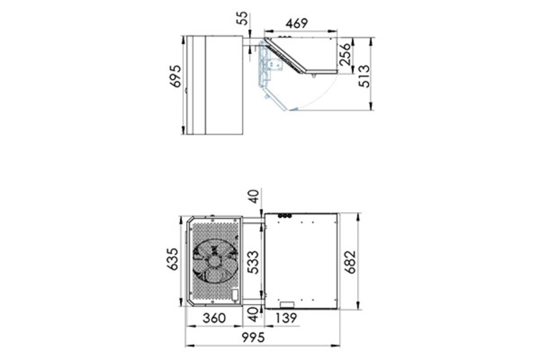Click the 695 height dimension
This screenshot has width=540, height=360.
tap(175, 76)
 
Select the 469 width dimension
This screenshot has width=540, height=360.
tap(297, 23)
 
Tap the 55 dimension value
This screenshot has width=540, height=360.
tap(243, 18)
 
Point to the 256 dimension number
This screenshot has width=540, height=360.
tap(345, 54)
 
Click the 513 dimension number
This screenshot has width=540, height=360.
tap(364, 76)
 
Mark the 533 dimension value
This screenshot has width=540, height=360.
tap(253, 262)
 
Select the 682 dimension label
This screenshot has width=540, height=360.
tap(350, 262)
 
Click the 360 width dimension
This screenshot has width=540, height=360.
tap(214, 318)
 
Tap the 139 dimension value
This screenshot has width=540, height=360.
tap(286, 318)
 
